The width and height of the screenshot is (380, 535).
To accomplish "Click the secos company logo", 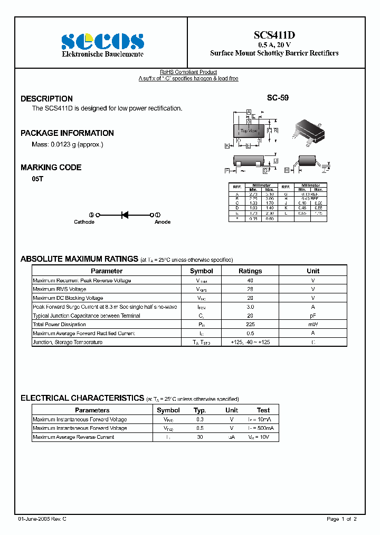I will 102,41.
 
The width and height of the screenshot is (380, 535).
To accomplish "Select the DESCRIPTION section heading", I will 46,99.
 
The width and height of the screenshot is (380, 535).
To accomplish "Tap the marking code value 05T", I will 37,180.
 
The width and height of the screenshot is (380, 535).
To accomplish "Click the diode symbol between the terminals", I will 125,215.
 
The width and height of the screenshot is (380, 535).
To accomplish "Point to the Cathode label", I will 84,222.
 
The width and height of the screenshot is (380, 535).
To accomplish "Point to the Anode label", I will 162,222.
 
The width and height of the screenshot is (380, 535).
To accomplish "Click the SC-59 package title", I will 278,98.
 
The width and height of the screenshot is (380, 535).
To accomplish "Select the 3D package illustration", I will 310,131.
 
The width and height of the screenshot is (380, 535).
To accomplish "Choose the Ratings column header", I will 250,271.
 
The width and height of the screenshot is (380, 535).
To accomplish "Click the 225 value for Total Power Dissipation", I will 250,325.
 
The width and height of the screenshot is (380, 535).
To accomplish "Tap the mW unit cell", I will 313,325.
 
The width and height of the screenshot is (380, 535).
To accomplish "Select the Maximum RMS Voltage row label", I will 59,289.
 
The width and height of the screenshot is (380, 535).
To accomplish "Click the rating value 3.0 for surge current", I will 250,307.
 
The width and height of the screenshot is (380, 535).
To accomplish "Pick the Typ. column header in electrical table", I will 199,410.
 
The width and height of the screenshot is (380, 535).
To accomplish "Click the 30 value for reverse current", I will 199,437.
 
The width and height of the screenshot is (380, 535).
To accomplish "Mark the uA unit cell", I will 231,437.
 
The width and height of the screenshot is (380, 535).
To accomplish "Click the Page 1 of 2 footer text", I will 341,519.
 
